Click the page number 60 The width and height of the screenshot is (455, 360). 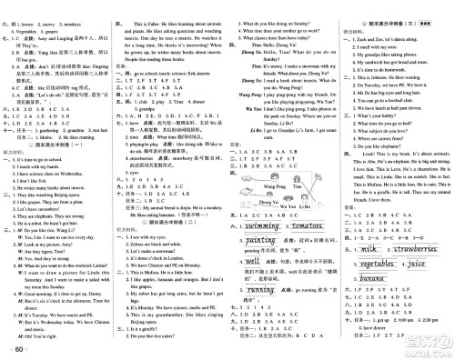[17, 349]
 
